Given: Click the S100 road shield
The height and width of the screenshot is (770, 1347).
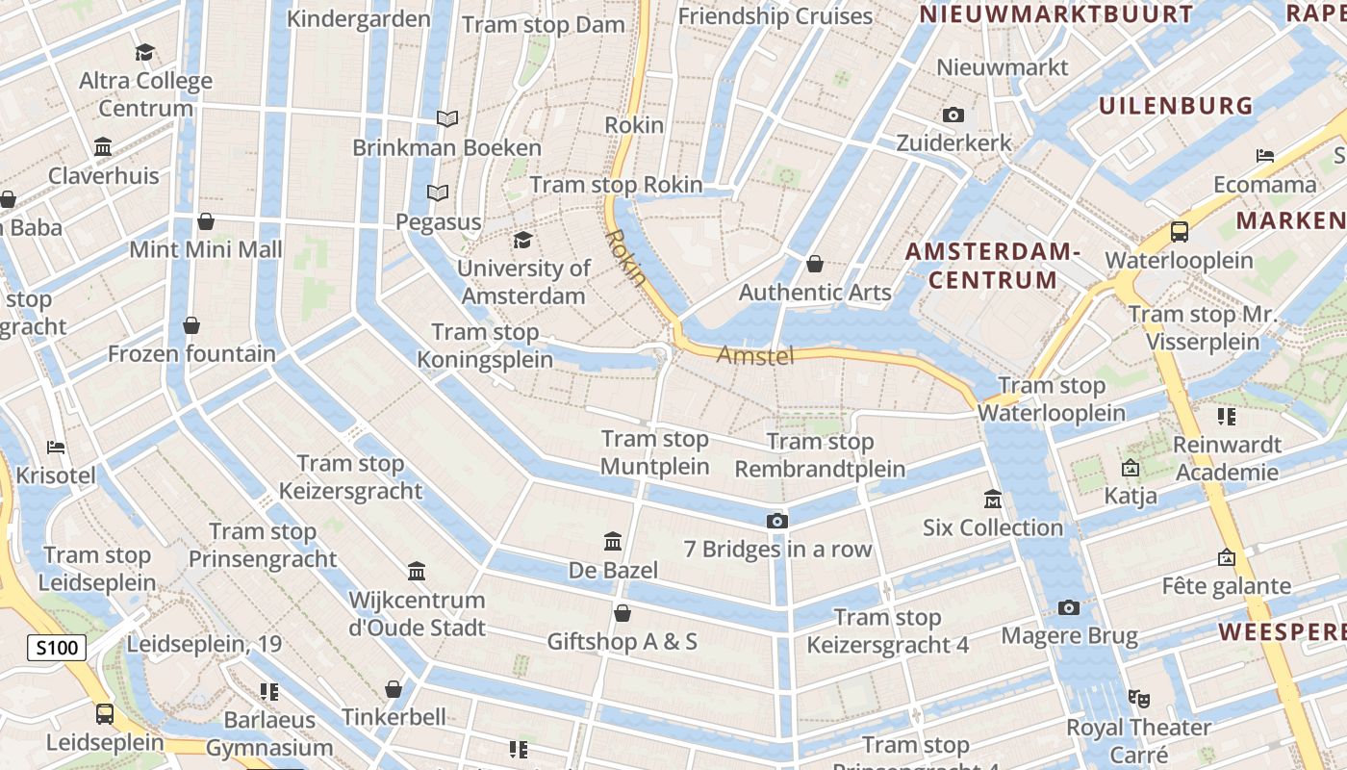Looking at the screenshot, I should coord(57,648).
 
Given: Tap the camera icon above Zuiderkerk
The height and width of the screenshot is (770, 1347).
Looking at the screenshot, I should coord(953,115).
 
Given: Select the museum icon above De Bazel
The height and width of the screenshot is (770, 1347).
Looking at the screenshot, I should coord(613,542).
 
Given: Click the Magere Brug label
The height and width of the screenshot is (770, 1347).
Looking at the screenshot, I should coord(1069,636).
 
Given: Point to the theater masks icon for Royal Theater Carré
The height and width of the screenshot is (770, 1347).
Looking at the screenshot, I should coord(1138,699).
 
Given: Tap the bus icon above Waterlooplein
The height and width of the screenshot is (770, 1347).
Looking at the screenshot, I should coord(1179,232).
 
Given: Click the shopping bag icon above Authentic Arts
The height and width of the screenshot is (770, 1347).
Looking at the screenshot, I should coord(815,264).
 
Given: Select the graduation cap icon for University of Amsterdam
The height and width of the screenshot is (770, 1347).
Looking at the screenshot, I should coord(522,240).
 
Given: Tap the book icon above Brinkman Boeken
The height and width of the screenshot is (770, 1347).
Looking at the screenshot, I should coord(446,119).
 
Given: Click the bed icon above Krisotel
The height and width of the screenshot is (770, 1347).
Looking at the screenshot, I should coord(57,448).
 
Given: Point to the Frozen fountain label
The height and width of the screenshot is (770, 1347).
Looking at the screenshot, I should coord(191,353).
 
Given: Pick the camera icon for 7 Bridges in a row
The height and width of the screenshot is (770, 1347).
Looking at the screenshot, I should coord(777,522).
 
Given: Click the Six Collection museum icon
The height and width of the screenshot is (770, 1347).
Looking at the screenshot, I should coord(993,500).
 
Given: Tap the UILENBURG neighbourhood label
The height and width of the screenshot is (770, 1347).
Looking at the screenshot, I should coord(1176,106).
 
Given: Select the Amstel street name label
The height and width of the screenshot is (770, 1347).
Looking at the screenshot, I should coord(755,356).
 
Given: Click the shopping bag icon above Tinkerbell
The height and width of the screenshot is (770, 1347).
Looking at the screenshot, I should coord(393,689).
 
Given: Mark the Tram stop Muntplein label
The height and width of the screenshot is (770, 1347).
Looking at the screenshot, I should coord(655,452).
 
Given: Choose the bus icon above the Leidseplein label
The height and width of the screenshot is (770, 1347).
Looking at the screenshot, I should coord(104,714).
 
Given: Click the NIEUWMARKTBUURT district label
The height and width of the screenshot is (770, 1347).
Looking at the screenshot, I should coord(1055,14).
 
